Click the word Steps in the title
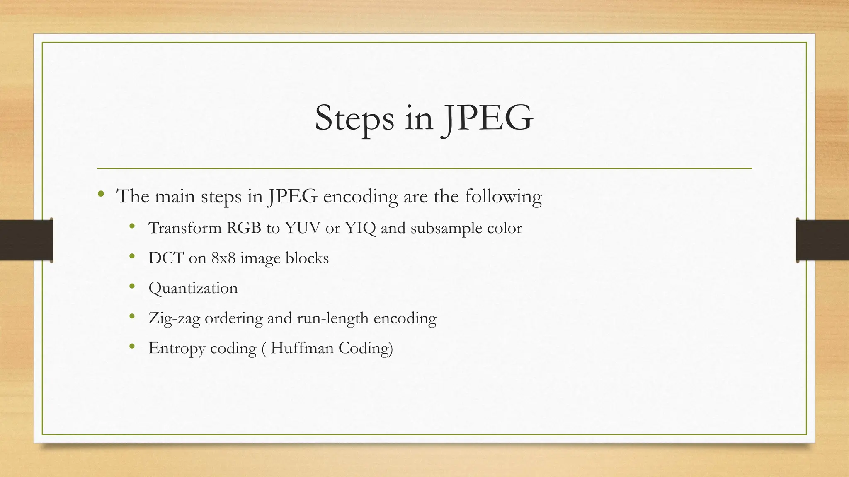[354, 119]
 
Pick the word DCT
[166, 258]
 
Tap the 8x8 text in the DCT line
[223, 258]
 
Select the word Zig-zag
[174, 318]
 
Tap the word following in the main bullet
[503, 197]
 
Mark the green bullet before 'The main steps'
[101, 194]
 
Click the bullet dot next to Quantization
[132, 286]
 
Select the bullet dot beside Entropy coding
[132, 346]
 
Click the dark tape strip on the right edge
[822, 240]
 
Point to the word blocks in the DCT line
[307, 258]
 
